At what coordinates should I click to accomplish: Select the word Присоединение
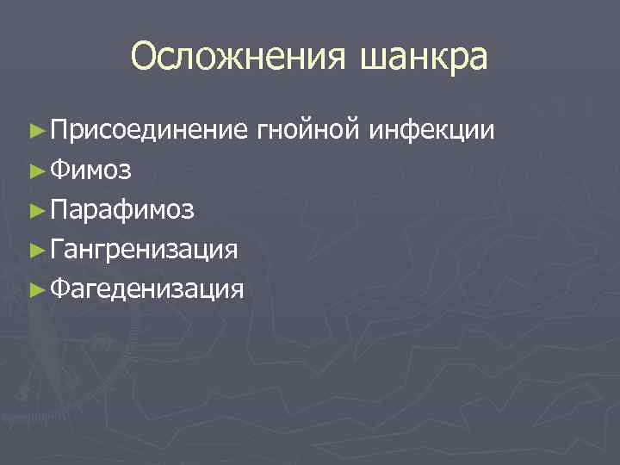(148, 130)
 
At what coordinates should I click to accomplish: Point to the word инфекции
(432, 131)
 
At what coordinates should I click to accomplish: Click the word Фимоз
(90, 170)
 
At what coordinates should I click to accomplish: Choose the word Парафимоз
(122, 209)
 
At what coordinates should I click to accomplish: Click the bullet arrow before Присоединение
(35, 131)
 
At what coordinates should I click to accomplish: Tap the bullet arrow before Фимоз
(35, 170)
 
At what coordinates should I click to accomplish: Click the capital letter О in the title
(146, 57)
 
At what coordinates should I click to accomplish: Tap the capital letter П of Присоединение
(59, 130)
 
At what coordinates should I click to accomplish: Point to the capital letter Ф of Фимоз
(59, 170)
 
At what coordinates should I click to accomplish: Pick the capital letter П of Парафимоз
(59, 209)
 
